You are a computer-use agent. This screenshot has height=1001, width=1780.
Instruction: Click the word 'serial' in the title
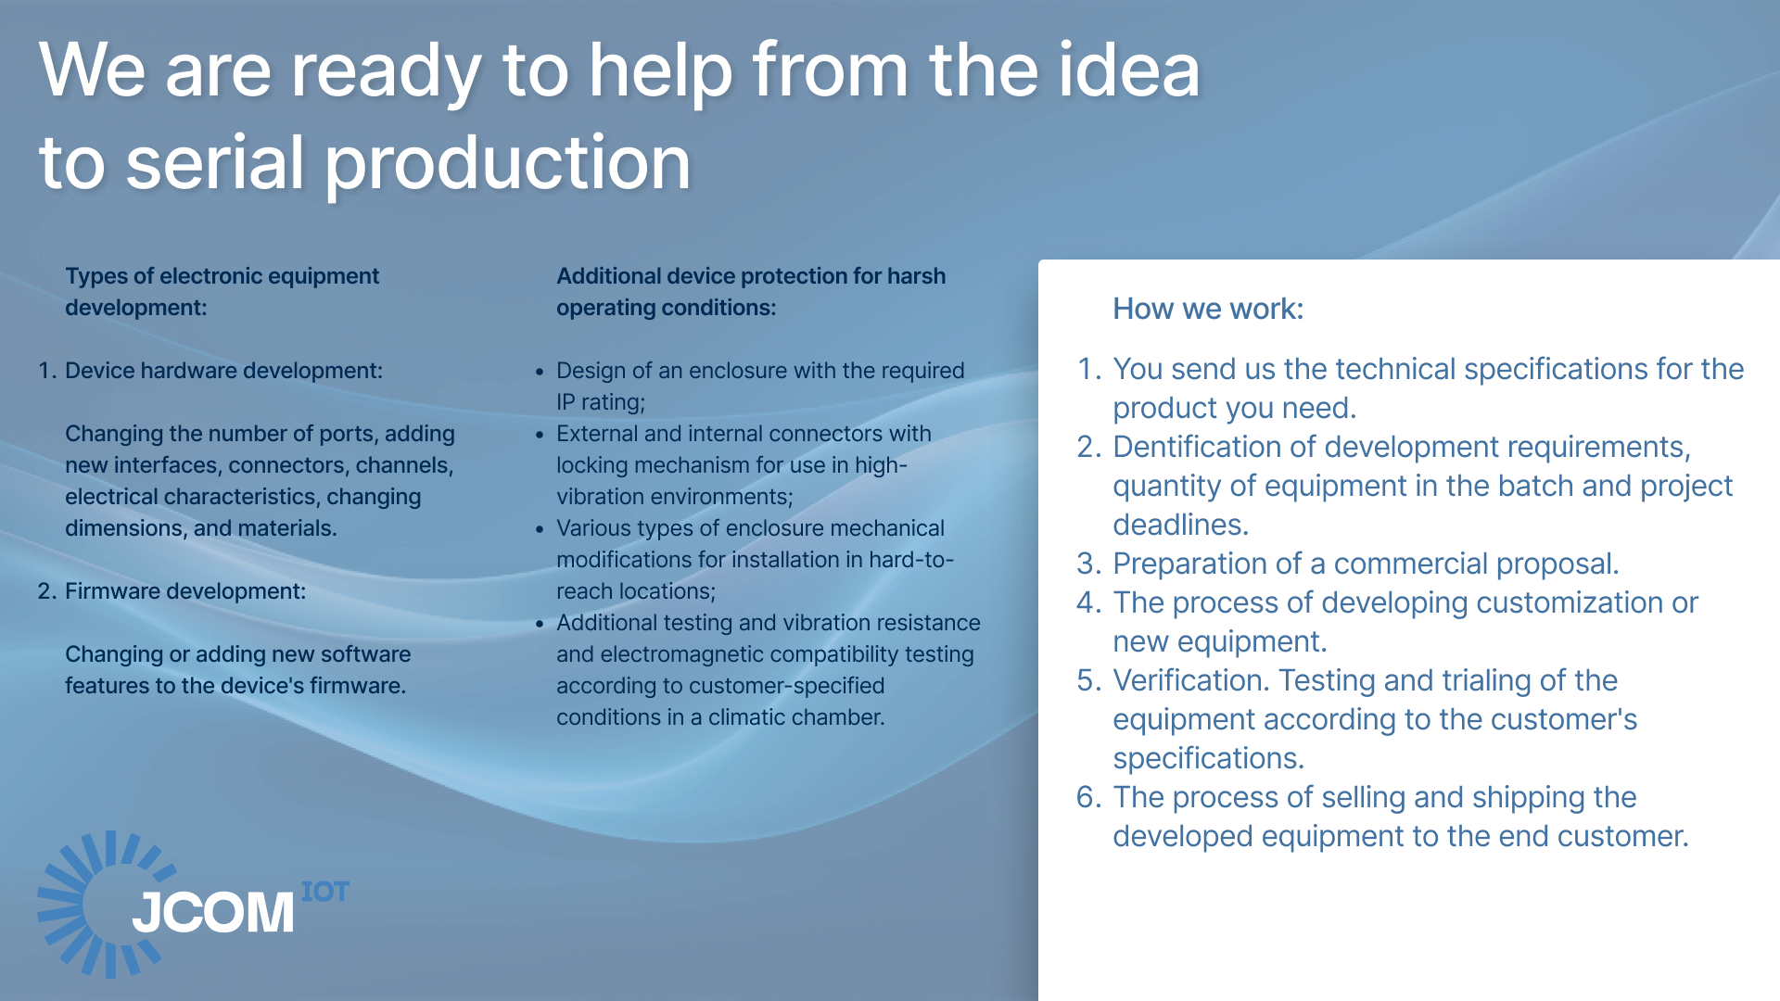[x=215, y=163]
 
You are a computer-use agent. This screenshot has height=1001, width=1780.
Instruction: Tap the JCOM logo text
[x=213, y=912]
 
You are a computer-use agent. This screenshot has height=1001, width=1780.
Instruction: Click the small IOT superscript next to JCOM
[x=325, y=892]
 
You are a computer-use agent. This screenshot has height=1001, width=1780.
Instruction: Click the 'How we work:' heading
[x=1208, y=309]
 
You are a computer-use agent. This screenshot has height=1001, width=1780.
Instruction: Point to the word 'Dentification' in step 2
[x=1196, y=447]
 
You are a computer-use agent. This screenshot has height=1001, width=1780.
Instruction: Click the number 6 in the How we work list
[x=1087, y=797]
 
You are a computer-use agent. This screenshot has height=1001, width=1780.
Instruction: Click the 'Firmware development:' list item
[x=185, y=591]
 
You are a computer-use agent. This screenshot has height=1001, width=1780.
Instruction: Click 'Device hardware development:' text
[x=223, y=371]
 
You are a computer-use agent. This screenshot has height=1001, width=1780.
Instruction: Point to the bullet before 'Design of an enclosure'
[x=540, y=372]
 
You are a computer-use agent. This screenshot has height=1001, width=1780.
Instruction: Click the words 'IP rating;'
[x=601, y=402]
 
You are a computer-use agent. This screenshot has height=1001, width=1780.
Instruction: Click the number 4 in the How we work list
[x=1087, y=602]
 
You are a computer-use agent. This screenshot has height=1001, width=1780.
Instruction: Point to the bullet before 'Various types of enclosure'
[x=540, y=529]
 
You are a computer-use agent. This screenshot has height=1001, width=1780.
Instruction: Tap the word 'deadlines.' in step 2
[x=1181, y=525]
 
